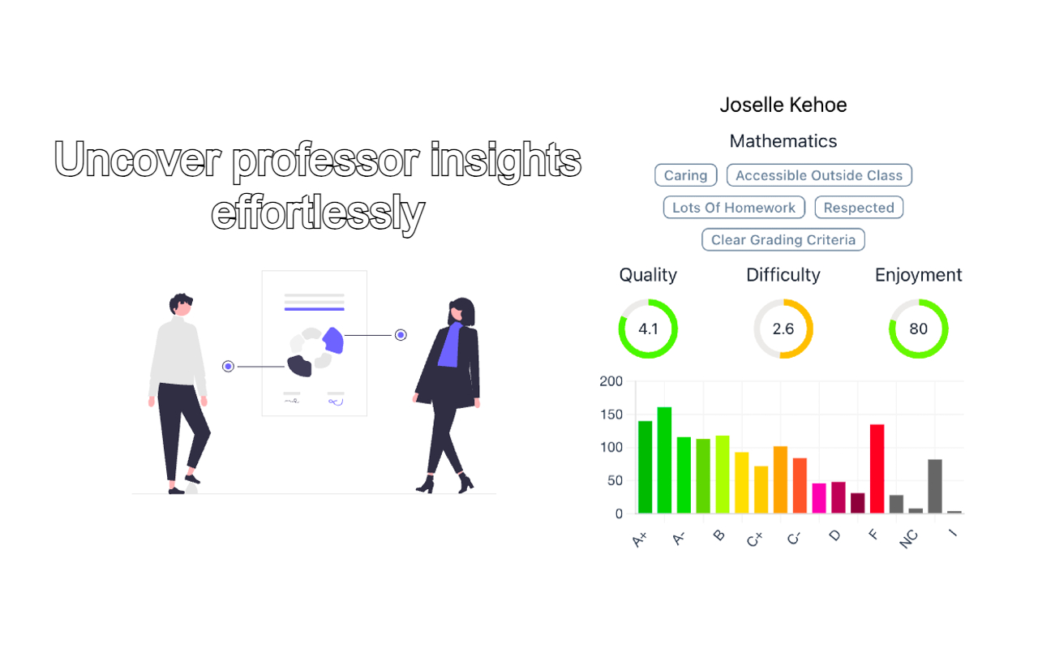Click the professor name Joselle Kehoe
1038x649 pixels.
(x=783, y=105)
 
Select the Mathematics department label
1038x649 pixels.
(x=783, y=141)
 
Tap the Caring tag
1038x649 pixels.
(x=685, y=175)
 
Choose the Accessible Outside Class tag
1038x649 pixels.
(x=819, y=175)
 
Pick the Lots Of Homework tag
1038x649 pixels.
(x=734, y=208)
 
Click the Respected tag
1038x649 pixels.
(x=859, y=208)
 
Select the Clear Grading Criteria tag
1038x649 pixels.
(x=783, y=240)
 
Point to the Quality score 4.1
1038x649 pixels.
(x=648, y=329)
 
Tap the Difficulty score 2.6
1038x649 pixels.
(x=783, y=329)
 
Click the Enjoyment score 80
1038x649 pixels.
(x=918, y=329)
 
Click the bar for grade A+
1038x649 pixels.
(x=646, y=467)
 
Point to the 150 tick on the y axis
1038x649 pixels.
(x=611, y=415)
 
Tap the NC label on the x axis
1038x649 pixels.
(x=910, y=539)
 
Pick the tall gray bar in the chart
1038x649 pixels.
(x=935, y=486)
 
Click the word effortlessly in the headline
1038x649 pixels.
(x=318, y=213)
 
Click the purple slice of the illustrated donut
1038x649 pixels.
(x=333, y=340)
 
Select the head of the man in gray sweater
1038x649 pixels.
(x=182, y=305)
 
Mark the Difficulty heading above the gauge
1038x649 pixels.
(x=783, y=275)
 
